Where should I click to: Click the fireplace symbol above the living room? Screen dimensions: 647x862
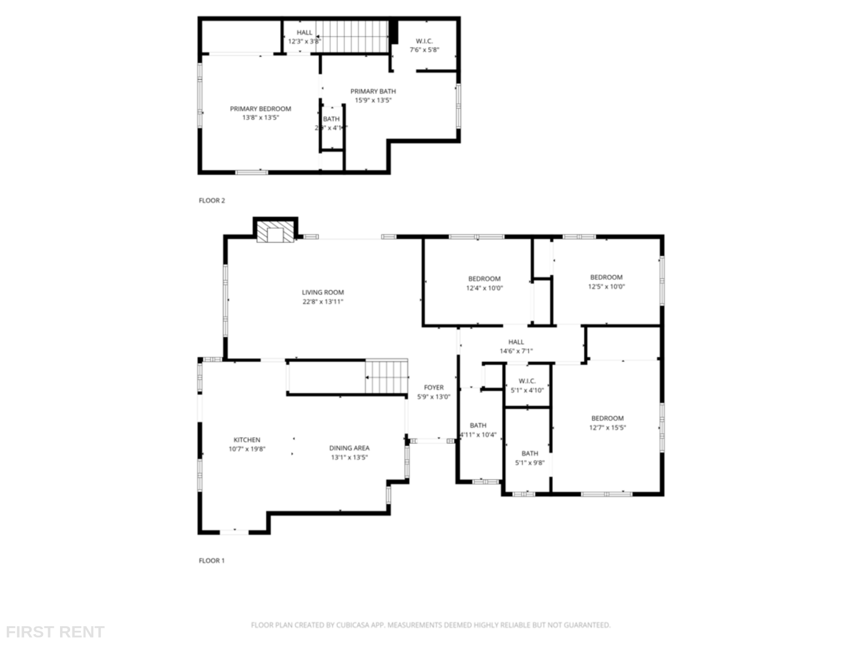click(x=275, y=234)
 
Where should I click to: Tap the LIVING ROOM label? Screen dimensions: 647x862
click(x=323, y=292)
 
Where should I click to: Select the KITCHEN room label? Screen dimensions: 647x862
click(x=247, y=440)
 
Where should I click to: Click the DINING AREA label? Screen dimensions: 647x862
click(x=349, y=448)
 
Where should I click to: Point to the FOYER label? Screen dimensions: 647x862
click(x=433, y=388)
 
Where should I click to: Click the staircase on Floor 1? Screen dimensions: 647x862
click(x=386, y=377)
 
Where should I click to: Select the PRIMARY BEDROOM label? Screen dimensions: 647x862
click(x=260, y=108)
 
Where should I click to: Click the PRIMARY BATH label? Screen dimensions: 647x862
click(x=373, y=91)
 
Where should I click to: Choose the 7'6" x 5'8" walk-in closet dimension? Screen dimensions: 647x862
click(x=424, y=49)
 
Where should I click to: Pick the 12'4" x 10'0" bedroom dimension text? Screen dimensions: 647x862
click(x=484, y=288)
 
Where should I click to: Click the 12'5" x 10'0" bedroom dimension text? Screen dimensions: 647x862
click(x=606, y=286)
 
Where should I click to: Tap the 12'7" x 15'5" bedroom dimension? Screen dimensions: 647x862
click(x=607, y=427)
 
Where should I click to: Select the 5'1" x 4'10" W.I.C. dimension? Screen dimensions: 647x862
click(x=527, y=390)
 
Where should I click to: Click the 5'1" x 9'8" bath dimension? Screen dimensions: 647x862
click(x=530, y=463)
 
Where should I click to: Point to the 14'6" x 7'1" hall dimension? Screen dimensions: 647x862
click(x=516, y=351)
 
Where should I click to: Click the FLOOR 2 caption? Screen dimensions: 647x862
click(x=212, y=201)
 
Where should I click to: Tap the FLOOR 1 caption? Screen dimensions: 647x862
click(x=212, y=561)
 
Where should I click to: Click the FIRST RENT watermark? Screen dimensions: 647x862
click(x=55, y=632)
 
